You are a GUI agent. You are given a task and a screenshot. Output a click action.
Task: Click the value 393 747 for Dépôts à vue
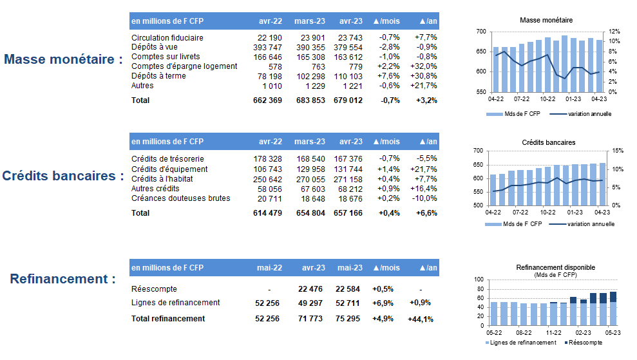tap(267, 47)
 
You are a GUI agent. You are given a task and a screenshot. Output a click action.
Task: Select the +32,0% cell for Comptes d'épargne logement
tap(424, 66)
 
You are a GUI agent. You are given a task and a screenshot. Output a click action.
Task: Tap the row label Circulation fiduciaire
tap(167, 38)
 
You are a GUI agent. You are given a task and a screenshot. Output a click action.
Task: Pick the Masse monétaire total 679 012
tap(348, 100)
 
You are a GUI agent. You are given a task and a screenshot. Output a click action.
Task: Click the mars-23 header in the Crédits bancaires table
tap(310, 142)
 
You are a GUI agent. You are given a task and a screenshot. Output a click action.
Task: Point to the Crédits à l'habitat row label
tap(162, 179)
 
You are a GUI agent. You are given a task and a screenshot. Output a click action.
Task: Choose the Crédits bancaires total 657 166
tap(348, 213)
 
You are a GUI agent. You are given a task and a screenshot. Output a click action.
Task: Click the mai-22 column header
tap(269, 268)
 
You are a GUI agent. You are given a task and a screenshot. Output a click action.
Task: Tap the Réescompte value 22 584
tap(348, 289)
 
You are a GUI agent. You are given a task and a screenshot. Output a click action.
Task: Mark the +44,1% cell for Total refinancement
tap(421, 319)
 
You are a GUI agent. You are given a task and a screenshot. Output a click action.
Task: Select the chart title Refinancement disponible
tap(555, 267)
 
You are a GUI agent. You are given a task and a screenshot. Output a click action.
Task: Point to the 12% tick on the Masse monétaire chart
tap(614, 32)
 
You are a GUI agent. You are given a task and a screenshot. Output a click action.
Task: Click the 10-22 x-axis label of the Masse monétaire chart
tap(547, 99)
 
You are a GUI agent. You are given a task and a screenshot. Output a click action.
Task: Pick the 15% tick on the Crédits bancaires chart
tap(618, 151)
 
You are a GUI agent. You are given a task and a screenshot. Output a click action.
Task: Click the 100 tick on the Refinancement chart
tap(479, 279)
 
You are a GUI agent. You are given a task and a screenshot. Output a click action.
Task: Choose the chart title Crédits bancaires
tap(548, 142)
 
